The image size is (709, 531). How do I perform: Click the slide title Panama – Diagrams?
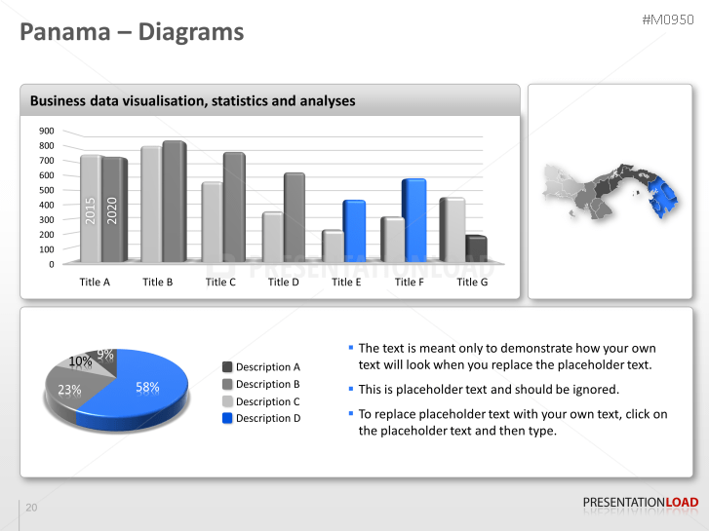(x=133, y=32)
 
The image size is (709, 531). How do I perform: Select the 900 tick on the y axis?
(x=46, y=131)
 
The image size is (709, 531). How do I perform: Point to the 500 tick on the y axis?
(x=46, y=190)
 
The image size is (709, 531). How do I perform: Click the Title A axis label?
(x=95, y=282)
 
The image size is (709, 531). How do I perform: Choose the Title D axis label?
(x=283, y=282)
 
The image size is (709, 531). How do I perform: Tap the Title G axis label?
(x=472, y=282)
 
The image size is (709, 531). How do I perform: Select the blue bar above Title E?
(x=353, y=230)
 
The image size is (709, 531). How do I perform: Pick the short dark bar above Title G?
(x=475, y=249)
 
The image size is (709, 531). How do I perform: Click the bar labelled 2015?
(x=90, y=209)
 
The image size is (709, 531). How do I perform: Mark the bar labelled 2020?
(x=113, y=209)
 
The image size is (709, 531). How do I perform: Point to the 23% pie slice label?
(x=69, y=390)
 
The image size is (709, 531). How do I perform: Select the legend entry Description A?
(x=268, y=367)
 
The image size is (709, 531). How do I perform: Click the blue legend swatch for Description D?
(x=227, y=418)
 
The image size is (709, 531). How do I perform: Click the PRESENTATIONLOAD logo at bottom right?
(x=640, y=503)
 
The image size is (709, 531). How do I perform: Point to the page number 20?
(x=31, y=508)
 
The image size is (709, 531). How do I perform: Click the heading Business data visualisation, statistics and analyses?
(x=192, y=100)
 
